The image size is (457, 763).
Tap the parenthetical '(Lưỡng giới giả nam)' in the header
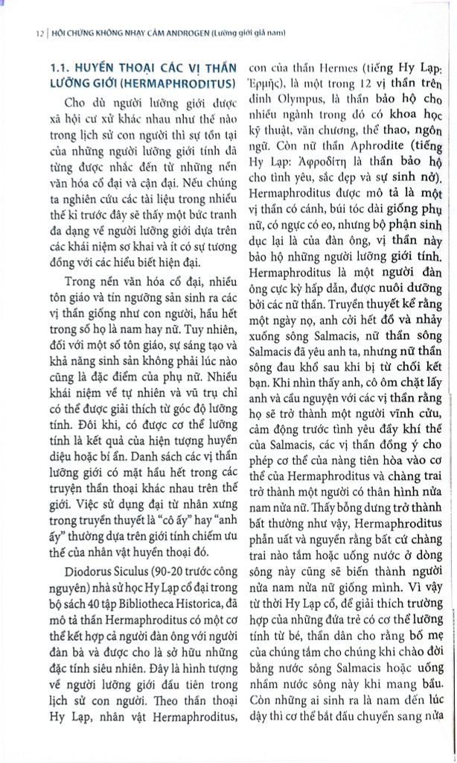[248, 33]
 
